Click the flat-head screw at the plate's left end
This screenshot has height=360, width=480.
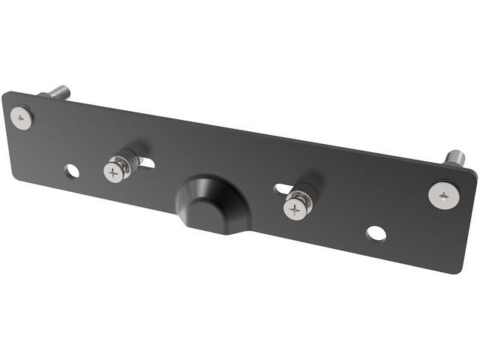click(22, 117)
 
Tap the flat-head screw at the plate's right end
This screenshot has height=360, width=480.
click(442, 196)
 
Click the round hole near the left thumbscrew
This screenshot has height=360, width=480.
click(72, 171)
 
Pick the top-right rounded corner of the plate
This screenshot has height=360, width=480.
click(472, 172)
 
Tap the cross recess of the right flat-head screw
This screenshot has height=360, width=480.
click(444, 196)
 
